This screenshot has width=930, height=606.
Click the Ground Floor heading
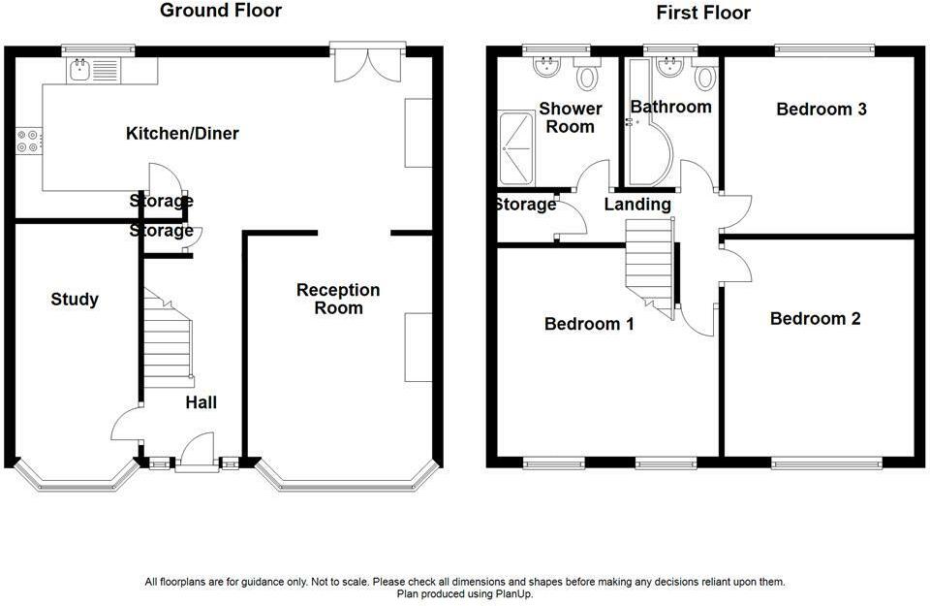click(221, 10)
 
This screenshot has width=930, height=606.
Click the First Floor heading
click(703, 13)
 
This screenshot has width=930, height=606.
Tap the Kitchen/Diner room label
click(182, 133)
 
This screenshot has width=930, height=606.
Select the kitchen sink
click(78, 71)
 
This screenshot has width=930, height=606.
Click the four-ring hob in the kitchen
click(28, 141)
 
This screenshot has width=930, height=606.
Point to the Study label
click(75, 300)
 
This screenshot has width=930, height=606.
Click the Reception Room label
click(338, 299)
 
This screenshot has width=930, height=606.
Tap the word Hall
click(201, 402)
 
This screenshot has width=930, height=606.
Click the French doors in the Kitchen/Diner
click(368, 64)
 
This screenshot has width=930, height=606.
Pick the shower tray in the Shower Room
click(516, 147)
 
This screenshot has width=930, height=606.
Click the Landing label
click(637, 205)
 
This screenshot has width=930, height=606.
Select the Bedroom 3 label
click(821, 110)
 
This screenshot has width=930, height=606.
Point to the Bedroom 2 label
click(815, 319)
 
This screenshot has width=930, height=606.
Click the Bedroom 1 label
click(589, 324)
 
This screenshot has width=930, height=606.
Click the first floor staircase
click(650, 267)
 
